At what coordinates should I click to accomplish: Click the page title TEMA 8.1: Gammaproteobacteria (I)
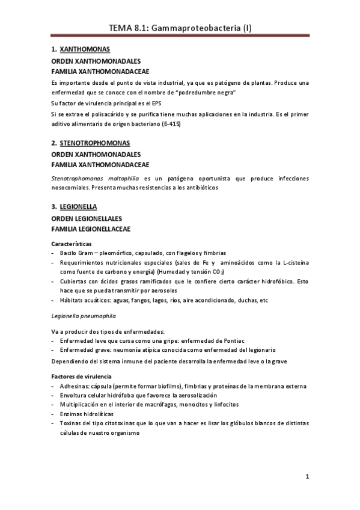pos(180,28)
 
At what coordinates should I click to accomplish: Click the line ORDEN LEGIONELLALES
pos(87,218)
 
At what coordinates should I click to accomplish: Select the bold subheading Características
pos(72,244)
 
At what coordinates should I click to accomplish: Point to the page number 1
pos(307,478)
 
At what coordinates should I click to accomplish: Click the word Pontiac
pos(223,340)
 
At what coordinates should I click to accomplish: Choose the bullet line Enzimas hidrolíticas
pos(87,414)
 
